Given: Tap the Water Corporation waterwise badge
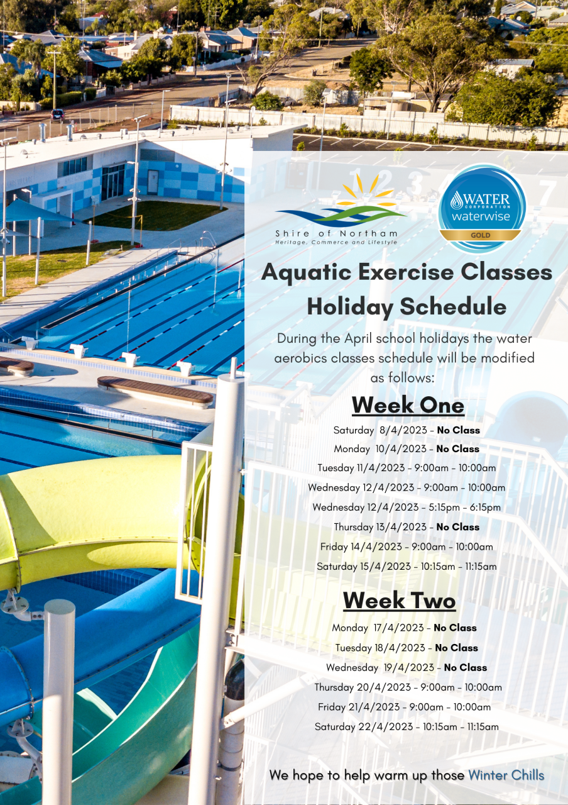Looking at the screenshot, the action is tap(482, 208).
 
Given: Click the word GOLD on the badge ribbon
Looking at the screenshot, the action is tap(481, 235).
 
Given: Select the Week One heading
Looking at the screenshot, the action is tap(408, 406).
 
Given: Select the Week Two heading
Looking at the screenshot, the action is tap(399, 601).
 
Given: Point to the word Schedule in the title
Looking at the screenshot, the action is tap(453, 307).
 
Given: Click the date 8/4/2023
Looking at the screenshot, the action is tap(403, 430).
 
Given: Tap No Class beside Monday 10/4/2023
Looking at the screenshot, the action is tap(458, 449).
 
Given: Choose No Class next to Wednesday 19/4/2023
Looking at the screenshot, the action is tap(466, 667).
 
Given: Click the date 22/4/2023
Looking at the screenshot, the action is tap(386, 726).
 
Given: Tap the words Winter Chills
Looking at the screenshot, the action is tap(506, 775).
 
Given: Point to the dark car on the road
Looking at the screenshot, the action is tap(57, 115).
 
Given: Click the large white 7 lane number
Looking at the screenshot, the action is tap(547, 192).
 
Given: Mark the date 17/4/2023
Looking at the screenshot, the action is tap(398, 628).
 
